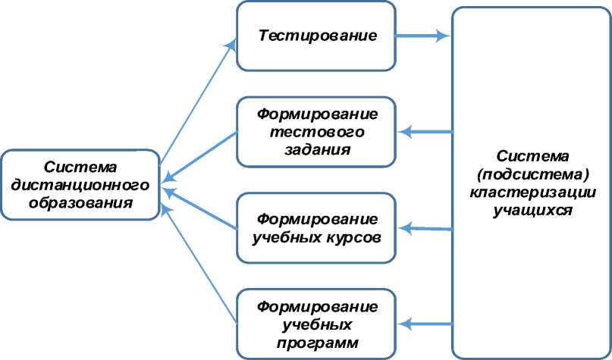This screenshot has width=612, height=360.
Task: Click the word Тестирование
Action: click(x=318, y=36)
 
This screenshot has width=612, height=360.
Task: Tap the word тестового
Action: click(x=317, y=131)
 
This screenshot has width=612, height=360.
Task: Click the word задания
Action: click(x=317, y=149)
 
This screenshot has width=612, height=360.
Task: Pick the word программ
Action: click(x=317, y=343)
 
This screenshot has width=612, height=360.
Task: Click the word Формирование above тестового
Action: click(x=317, y=114)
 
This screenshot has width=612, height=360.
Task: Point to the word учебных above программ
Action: click(x=317, y=325)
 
